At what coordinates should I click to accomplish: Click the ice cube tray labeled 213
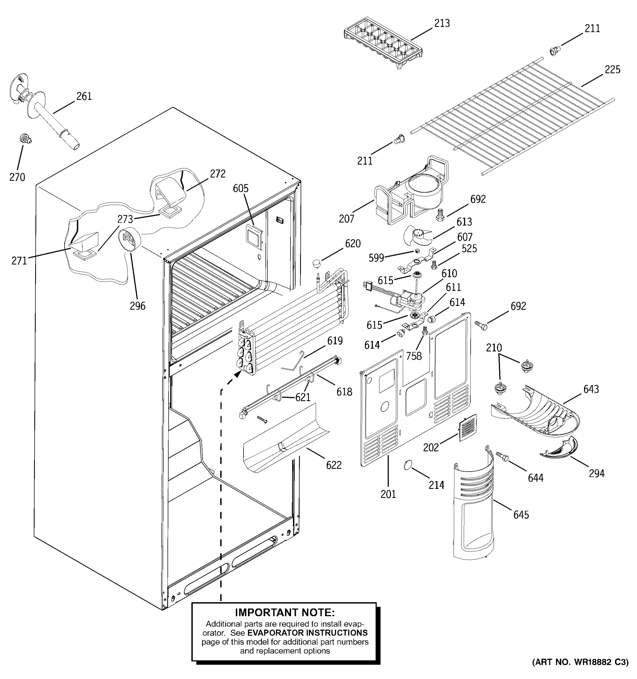pyautogui.click(x=383, y=43)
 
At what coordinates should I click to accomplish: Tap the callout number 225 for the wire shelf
pyautogui.click(x=612, y=70)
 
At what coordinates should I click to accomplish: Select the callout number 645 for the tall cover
pyautogui.click(x=521, y=515)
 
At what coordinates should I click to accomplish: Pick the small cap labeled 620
pyautogui.click(x=317, y=264)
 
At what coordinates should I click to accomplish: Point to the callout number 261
pyautogui.click(x=84, y=97)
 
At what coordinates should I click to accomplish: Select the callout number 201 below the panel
pyautogui.click(x=388, y=494)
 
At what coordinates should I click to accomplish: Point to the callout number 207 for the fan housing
pyautogui.click(x=346, y=219)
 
